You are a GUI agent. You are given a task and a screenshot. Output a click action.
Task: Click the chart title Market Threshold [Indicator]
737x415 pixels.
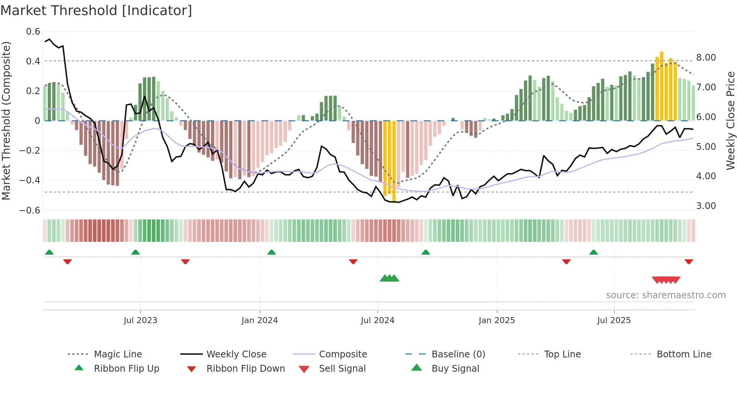pyautogui.click(x=96, y=11)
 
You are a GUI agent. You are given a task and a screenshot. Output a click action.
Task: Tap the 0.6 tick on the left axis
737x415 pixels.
pyautogui.click(x=33, y=32)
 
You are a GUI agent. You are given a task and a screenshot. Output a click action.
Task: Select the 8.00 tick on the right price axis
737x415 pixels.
pyautogui.click(x=706, y=58)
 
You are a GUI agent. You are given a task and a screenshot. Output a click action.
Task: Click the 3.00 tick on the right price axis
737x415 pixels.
pyautogui.click(x=706, y=206)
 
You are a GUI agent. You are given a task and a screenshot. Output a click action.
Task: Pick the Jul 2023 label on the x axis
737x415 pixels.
pyautogui.click(x=140, y=320)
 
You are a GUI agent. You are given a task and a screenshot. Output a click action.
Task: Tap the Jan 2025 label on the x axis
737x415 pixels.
pyautogui.click(x=496, y=320)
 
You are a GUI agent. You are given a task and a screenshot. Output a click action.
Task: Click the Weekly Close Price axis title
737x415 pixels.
pyautogui.click(x=730, y=121)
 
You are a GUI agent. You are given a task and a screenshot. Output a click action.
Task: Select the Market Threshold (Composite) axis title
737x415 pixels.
pyautogui.click(x=6, y=121)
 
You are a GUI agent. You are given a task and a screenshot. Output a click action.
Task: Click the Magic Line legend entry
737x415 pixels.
pyautogui.click(x=118, y=354)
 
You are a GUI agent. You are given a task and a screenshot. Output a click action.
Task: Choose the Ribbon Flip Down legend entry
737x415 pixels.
pyautogui.click(x=246, y=369)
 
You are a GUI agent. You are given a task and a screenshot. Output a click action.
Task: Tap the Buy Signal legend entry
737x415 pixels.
pyautogui.click(x=455, y=369)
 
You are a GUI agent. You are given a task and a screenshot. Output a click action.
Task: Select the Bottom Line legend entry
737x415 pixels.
pyautogui.click(x=684, y=354)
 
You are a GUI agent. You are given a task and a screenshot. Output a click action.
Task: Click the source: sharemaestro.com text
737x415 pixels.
pyautogui.click(x=666, y=295)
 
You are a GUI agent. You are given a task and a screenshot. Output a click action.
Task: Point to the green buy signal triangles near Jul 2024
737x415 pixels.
pyautogui.click(x=389, y=278)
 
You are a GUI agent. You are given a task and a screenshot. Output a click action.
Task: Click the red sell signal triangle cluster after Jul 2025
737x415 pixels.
pyautogui.click(x=666, y=280)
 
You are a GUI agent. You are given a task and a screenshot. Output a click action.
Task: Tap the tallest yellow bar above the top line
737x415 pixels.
pyautogui.click(x=661, y=87)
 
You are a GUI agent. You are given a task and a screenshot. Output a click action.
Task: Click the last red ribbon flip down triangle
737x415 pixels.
pyautogui.click(x=688, y=261)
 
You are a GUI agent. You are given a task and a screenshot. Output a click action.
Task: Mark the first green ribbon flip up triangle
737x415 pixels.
pyautogui.click(x=49, y=252)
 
